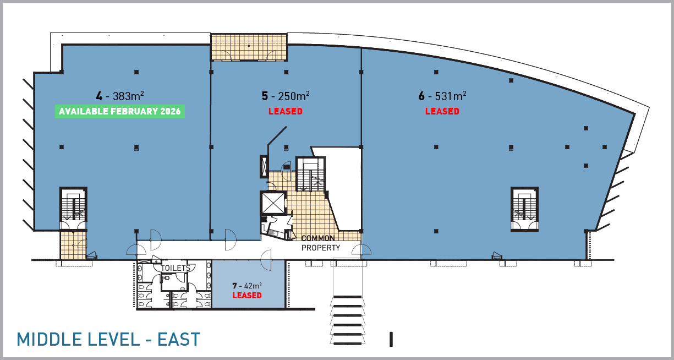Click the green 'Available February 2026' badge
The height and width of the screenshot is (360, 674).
120,111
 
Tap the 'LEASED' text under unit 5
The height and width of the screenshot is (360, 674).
286,111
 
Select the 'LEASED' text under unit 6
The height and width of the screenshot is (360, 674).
442,111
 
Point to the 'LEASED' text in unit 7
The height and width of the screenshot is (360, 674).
247,295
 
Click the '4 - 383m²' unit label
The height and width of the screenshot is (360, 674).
120,96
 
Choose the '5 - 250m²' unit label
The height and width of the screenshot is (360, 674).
286,96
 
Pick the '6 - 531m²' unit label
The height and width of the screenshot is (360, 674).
442,96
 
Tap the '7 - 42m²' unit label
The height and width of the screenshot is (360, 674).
247,285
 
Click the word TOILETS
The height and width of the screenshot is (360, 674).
176,268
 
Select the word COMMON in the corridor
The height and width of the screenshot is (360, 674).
318,238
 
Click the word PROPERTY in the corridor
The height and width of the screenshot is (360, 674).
321,248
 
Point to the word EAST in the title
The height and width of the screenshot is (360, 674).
179,339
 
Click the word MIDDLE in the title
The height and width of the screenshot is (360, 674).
49,339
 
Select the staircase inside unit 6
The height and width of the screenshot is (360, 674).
524,209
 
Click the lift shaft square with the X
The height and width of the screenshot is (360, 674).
273,203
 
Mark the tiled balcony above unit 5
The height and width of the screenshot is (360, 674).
249,47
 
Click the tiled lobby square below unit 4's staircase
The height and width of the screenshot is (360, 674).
73,245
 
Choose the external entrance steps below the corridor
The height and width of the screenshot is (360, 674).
348,320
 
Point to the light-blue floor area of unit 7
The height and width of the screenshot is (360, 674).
248,284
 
